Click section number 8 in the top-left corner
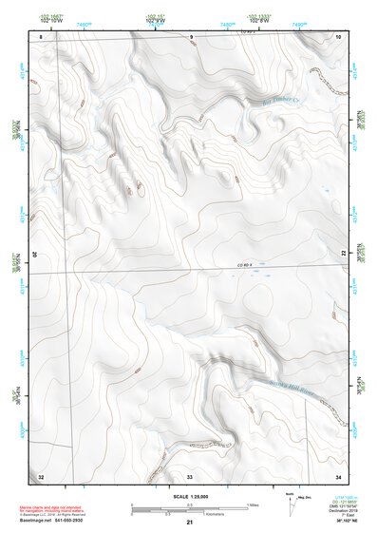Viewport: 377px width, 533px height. (x=41, y=37)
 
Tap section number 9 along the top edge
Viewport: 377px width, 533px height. (x=191, y=37)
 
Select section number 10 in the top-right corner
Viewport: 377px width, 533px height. (x=338, y=37)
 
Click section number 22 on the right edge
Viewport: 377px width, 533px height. (x=343, y=254)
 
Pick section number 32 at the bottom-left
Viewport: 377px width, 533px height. (x=41, y=475)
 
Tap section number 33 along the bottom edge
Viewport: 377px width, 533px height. (x=189, y=475)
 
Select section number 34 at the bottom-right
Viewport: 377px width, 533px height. (x=338, y=475)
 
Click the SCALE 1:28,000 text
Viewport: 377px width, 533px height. (x=190, y=496)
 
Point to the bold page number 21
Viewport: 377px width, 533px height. (x=190, y=523)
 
